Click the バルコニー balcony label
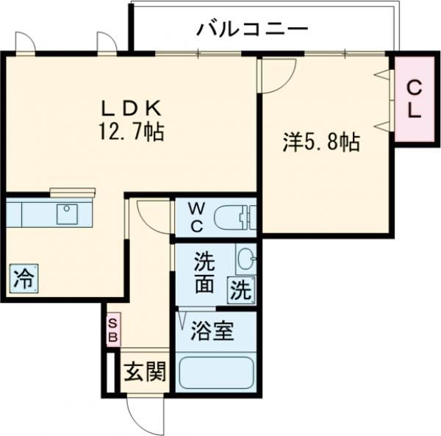[x=251, y=30]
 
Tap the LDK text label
[x=132, y=108]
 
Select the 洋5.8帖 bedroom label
[x=322, y=142]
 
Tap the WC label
[x=198, y=217]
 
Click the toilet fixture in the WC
[x=233, y=218]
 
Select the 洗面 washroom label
[x=205, y=269]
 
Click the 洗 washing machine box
[x=241, y=289]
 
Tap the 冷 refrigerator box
[x=24, y=278]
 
